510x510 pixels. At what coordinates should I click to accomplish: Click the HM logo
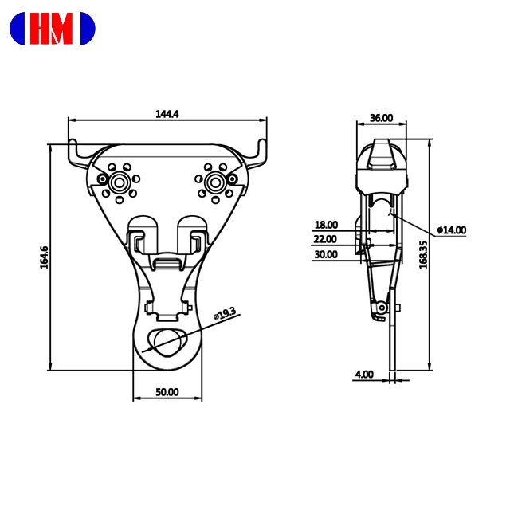coord(52,29)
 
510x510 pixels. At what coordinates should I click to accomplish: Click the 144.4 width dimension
coord(167,113)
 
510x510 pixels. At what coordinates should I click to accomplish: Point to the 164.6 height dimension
coord(45,257)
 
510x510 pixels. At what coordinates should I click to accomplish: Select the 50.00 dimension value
coord(167,392)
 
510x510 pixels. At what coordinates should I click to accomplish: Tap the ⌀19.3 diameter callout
coord(226,315)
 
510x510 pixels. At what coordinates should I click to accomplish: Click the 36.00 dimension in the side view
coord(381,118)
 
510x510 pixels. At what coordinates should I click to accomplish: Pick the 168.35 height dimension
coord(424,254)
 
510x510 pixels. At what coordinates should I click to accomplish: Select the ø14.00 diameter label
coord(451,230)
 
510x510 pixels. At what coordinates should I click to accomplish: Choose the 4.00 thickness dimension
coord(363,373)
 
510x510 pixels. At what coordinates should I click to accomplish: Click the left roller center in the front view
coord(119,182)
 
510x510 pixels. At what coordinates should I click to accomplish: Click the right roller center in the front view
coord(214,182)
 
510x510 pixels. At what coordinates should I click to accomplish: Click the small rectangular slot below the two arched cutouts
coord(167,262)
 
